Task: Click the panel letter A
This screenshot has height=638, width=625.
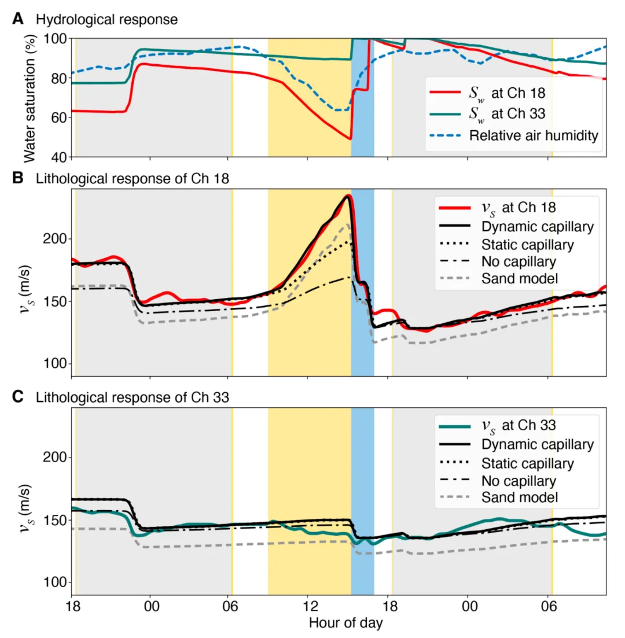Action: click(x=19, y=19)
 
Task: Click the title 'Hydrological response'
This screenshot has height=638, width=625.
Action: click(x=106, y=19)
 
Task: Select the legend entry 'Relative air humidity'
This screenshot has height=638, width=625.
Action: click(x=533, y=135)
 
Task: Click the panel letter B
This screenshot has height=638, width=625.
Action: click(x=19, y=179)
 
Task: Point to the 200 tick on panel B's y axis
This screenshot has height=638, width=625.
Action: click(x=55, y=239)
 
